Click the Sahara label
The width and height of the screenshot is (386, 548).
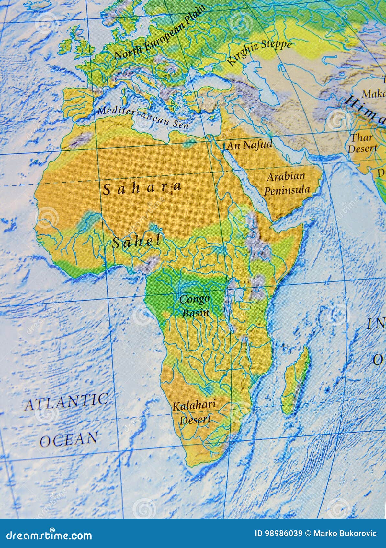coord(142,188)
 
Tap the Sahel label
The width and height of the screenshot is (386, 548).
coord(136,241)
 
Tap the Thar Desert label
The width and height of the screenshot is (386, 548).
coord(362,143)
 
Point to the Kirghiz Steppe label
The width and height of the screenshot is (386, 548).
coord(259,52)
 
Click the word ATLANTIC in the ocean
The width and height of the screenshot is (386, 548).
coord(66,402)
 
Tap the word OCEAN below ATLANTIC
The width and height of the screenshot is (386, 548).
coord(69,439)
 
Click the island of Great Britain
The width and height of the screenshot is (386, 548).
coord(81,42)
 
